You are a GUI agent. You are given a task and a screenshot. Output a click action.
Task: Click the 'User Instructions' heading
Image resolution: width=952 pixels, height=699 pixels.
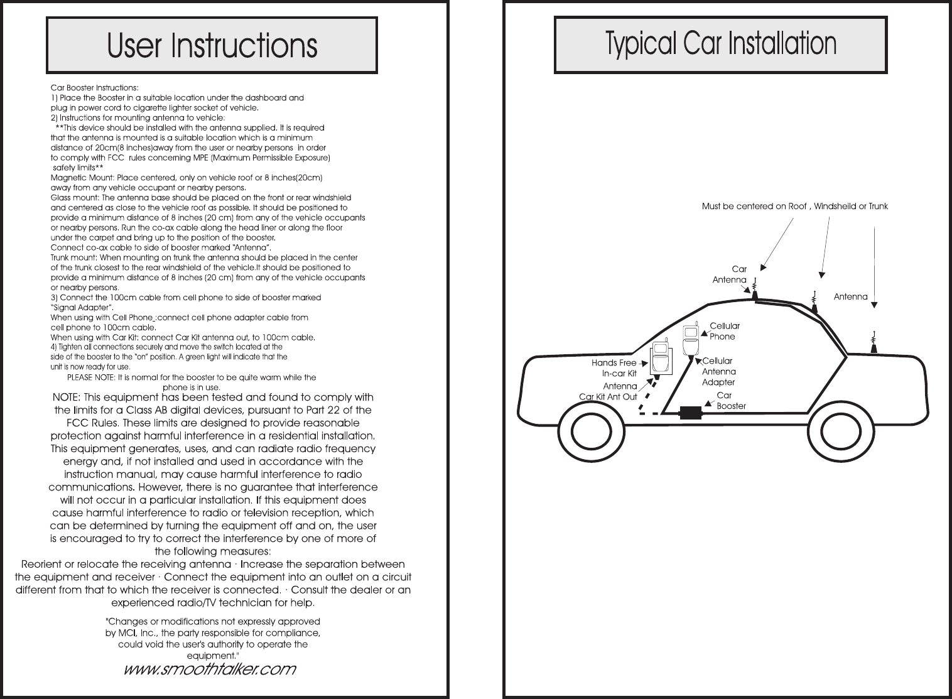pos(212,45)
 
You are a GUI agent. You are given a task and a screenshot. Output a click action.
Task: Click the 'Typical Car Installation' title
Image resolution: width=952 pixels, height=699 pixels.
pos(720,44)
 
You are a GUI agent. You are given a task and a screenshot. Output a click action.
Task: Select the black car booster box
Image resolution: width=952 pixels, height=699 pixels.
pos(691,413)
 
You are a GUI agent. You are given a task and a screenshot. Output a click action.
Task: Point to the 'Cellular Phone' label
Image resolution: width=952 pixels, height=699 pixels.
pos(724,331)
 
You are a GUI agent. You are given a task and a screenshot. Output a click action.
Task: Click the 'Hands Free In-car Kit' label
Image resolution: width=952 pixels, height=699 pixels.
pos(614,368)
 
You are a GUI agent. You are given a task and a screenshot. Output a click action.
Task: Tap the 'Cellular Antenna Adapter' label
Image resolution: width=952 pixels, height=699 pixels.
pos(718,371)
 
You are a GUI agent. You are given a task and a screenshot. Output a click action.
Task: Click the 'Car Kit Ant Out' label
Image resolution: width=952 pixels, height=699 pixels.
pos(608,397)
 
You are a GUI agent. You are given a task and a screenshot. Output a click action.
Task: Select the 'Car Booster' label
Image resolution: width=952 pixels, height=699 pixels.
pos(730,401)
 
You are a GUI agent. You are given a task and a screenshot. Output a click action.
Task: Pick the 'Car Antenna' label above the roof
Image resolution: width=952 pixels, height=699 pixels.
pos(730,274)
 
